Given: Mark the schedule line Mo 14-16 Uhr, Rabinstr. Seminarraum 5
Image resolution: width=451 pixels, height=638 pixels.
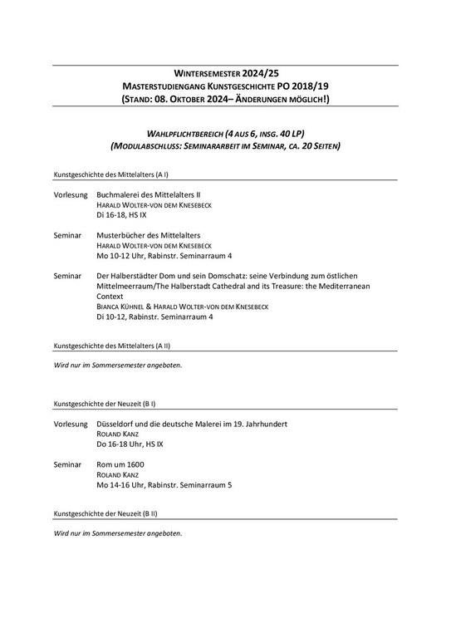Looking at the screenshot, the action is pyautogui.click(x=164, y=484).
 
